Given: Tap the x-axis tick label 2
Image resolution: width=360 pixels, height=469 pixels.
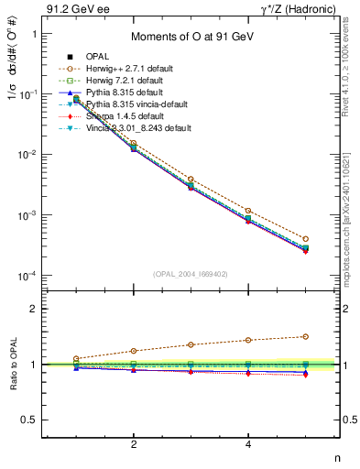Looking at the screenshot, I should click(134, 444).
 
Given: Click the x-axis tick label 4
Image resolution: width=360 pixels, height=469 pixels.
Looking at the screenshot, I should click(248, 444).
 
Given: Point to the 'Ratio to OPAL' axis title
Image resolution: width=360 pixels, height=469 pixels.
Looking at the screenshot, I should click(13, 365).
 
